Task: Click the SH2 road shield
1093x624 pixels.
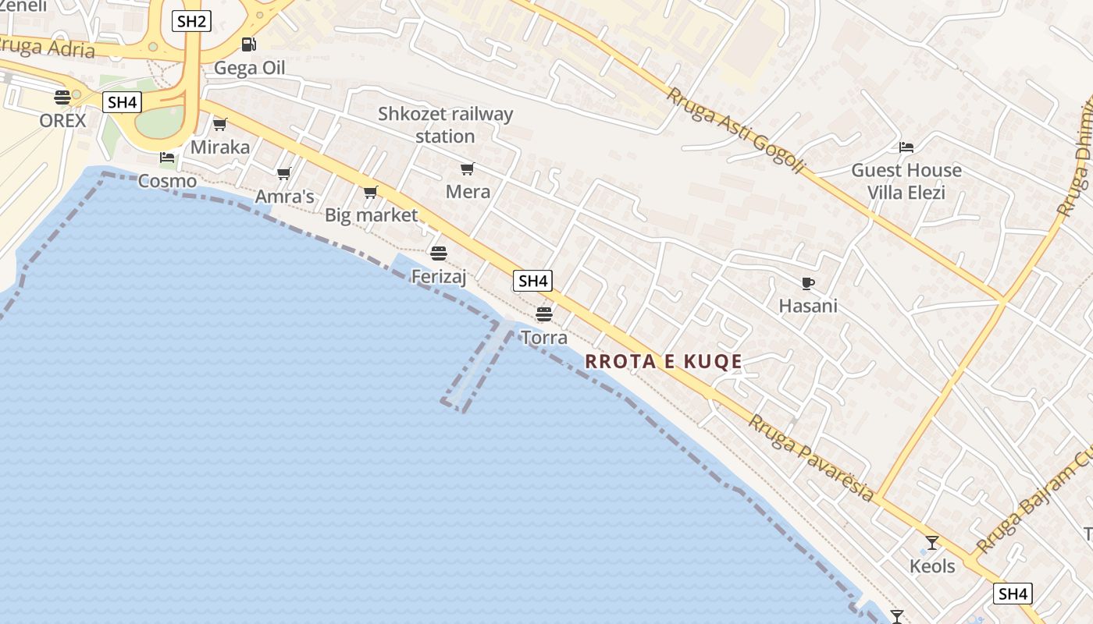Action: pyautogui.click(x=191, y=21)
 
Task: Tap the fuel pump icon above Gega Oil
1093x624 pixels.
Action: pyautogui.click(x=248, y=44)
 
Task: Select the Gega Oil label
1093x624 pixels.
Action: pyautogui.click(x=250, y=68)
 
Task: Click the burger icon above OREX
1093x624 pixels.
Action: pyautogui.click(x=62, y=97)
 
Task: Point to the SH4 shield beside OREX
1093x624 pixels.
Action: pyautogui.click(x=122, y=101)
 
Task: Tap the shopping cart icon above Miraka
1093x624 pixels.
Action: pyautogui.click(x=220, y=124)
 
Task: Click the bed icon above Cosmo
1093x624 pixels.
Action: pyautogui.click(x=167, y=157)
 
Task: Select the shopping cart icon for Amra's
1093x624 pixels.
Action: pyautogui.click(x=284, y=173)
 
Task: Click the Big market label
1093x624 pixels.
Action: pyautogui.click(x=372, y=214)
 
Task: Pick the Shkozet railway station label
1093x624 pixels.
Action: pyautogui.click(x=445, y=125)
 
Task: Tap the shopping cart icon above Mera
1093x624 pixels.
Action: pyautogui.click(x=468, y=168)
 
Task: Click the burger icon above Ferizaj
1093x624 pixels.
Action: pyautogui.click(x=438, y=253)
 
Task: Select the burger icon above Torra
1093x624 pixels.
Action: pyautogui.click(x=544, y=314)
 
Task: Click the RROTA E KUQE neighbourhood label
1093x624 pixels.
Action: pyautogui.click(x=663, y=361)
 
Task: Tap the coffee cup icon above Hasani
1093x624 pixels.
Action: pyautogui.click(x=808, y=283)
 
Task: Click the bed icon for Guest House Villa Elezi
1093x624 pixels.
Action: pyautogui.click(x=906, y=147)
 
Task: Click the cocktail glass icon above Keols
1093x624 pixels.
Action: pyautogui.click(x=931, y=542)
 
